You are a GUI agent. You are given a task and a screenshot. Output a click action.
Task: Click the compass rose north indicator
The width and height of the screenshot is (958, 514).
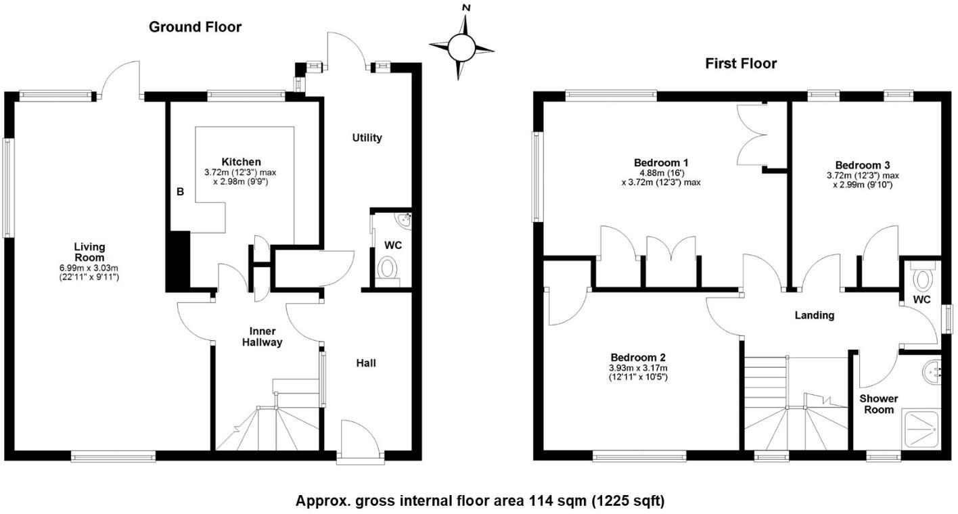click(x=465, y=8)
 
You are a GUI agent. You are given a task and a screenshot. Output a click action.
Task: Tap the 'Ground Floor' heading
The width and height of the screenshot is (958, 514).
click(x=195, y=27)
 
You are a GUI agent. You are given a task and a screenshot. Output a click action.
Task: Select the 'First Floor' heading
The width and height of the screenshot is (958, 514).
click(x=741, y=64)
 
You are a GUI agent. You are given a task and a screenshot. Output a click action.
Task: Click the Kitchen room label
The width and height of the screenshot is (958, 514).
click(x=241, y=162)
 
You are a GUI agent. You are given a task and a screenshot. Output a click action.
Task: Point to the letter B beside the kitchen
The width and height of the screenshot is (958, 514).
click(x=180, y=192)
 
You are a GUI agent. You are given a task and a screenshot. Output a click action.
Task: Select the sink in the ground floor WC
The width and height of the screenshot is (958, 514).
click(x=404, y=219)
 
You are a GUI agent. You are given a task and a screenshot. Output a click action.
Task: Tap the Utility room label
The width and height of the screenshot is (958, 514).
click(x=367, y=138)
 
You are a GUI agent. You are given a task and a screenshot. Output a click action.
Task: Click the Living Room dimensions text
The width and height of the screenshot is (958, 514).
click(x=89, y=273)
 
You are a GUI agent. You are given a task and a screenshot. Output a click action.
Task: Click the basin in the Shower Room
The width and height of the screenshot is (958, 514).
click(x=932, y=371)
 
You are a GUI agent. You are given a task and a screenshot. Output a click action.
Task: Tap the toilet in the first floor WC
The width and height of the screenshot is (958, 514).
click(x=921, y=277)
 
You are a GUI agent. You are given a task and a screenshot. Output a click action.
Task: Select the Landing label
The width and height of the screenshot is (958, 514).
click(x=814, y=315)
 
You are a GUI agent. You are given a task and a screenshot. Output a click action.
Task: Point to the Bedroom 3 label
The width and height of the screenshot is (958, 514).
click(x=862, y=165)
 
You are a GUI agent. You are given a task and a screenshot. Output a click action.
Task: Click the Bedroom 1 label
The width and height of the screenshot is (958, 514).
click(x=660, y=163)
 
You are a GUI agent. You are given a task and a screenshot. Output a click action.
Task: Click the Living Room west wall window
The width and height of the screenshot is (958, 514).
click(x=8, y=187)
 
